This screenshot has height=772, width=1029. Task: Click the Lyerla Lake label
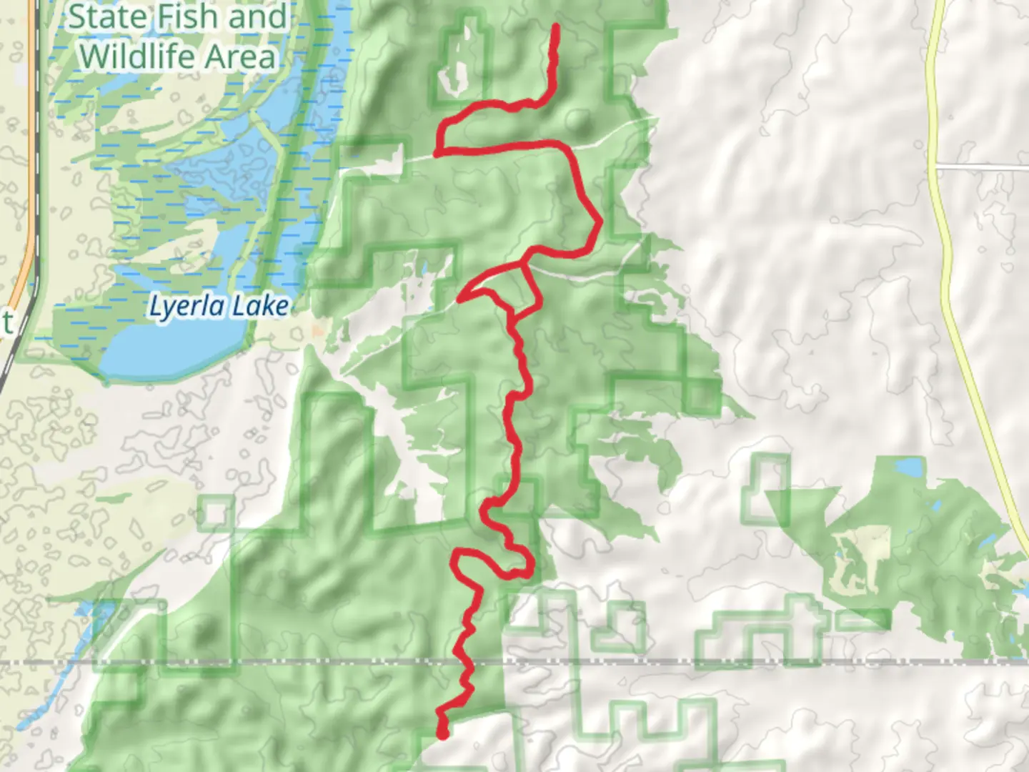[x=218, y=307]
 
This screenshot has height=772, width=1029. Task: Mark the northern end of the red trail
[x=555, y=26]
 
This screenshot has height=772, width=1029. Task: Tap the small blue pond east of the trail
[x=910, y=468]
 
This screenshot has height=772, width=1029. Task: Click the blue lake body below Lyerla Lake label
[x=171, y=354]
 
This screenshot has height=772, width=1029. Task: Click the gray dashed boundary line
[x=786, y=663]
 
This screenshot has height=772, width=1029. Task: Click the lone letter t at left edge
[x=6, y=323]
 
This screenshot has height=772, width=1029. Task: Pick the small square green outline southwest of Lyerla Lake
[x=216, y=513]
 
